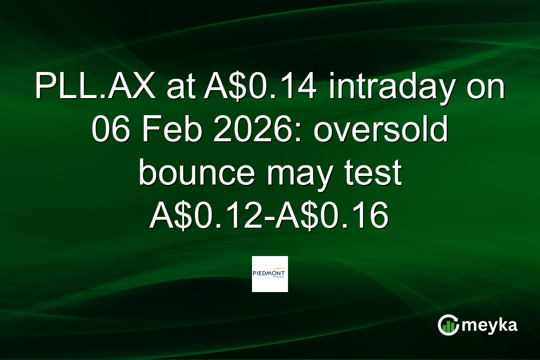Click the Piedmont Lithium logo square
click(270, 274)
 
